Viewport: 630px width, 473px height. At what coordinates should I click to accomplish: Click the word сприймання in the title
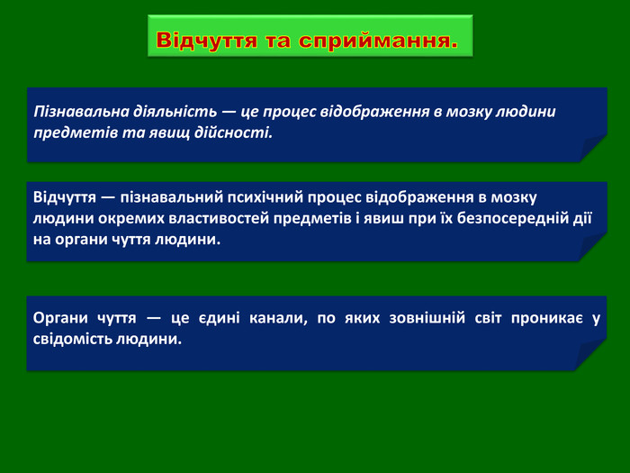[x=378, y=41]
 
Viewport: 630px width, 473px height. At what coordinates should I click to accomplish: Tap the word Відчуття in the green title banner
[x=206, y=40]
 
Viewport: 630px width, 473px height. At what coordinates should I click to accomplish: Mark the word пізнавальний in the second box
[x=172, y=197]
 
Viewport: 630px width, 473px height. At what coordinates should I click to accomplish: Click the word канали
[x=278, y=319]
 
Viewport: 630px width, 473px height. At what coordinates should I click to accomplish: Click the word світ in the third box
[x=488, y=318]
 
